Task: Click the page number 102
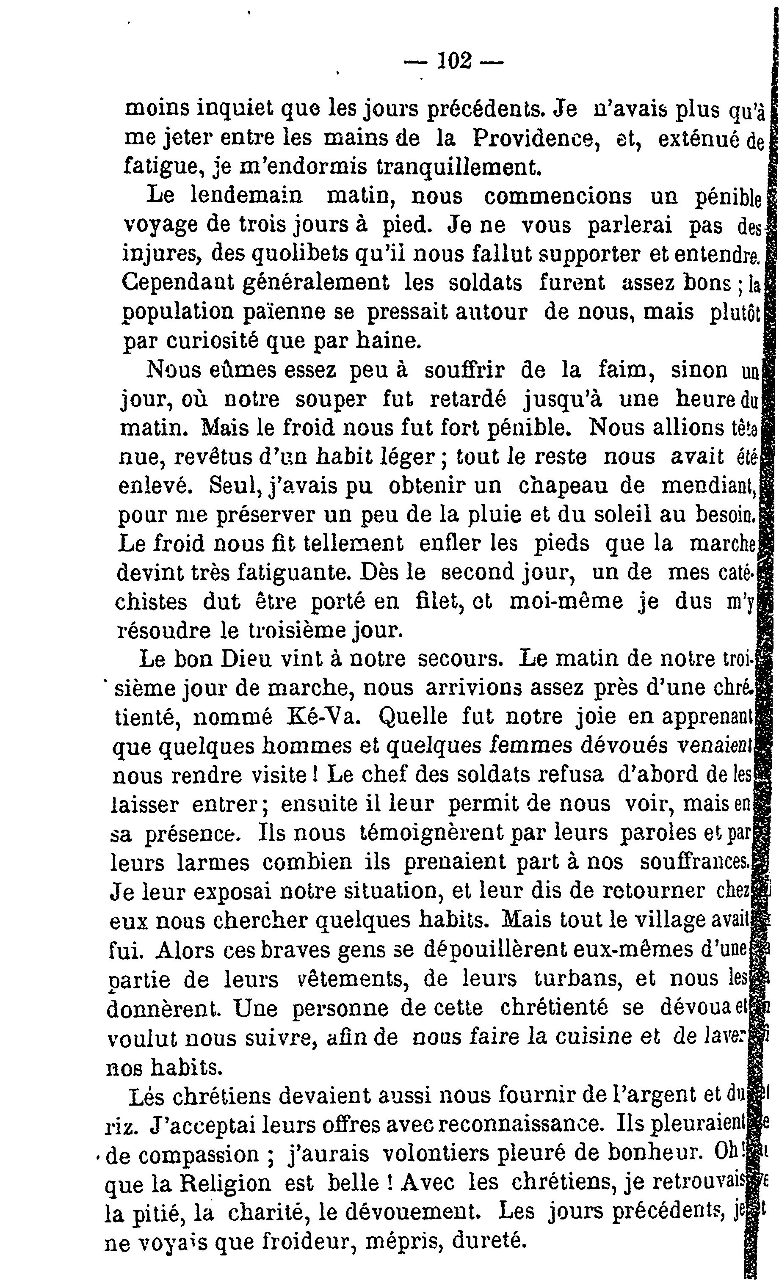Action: point(454,61)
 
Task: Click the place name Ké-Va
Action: point(323,717)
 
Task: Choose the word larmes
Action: point(213,862)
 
